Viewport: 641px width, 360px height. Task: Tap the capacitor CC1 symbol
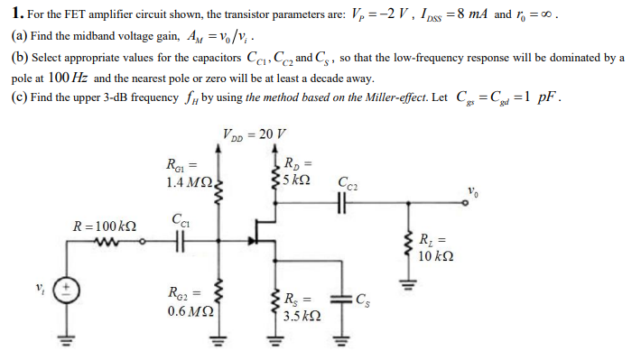pos(178,243)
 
